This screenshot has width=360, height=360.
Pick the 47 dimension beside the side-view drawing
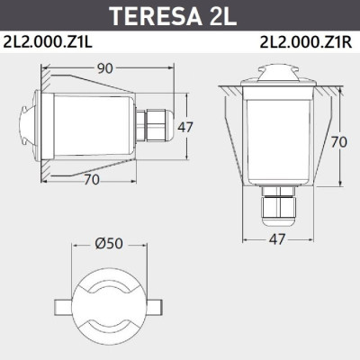pos(185,127)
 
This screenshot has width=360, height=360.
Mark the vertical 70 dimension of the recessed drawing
pos(338,143)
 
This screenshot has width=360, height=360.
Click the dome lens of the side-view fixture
pos(39,125)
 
